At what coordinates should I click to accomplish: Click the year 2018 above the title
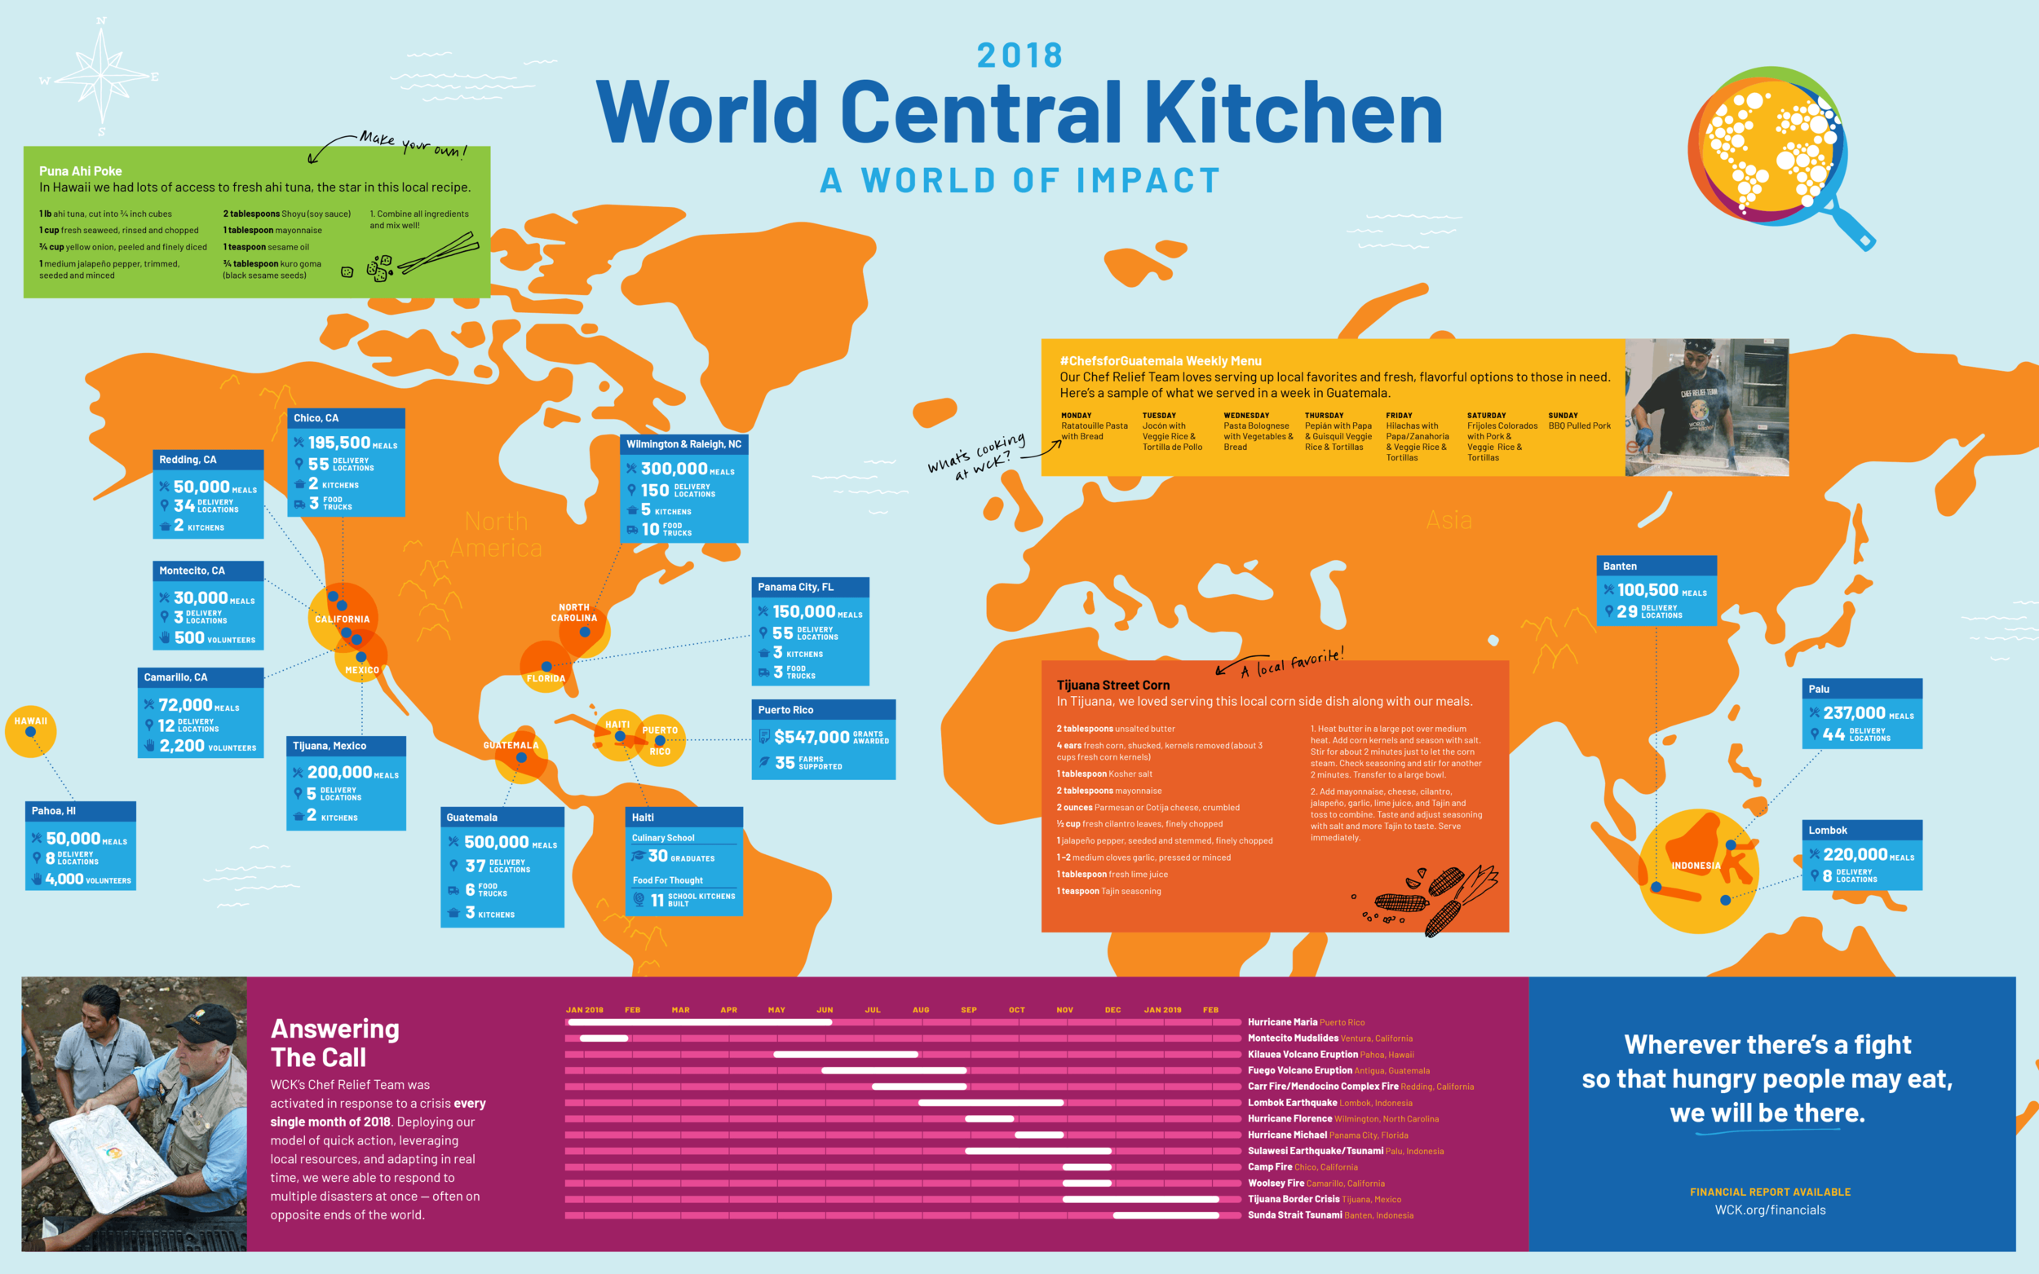point(1020,55)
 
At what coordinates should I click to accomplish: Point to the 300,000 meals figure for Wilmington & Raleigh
point(674,469)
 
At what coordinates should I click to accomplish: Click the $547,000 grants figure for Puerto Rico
point(811,738)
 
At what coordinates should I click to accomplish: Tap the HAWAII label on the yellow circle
point(31,721)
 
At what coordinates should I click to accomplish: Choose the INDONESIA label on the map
point(1695,866)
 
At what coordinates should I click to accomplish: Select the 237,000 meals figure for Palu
point(1854,713)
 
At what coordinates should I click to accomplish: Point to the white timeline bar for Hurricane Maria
point(700,1022)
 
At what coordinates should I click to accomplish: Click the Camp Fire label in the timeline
point(1269,1167)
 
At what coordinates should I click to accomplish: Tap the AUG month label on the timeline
point(921,1009)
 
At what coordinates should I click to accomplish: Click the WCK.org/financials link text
point(1769,1210)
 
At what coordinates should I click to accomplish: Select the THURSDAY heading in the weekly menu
point(1324,416)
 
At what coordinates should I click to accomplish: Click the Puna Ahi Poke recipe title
point(80,171)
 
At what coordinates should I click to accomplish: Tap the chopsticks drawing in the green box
point(438,253)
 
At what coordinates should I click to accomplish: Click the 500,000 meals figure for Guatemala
point(497,842)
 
